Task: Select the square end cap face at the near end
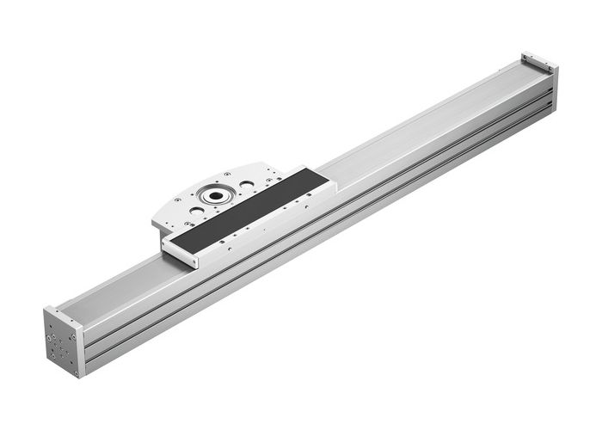pos(61,341)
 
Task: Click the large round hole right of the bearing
pos(246,183)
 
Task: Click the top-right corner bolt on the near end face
pos(73,336)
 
